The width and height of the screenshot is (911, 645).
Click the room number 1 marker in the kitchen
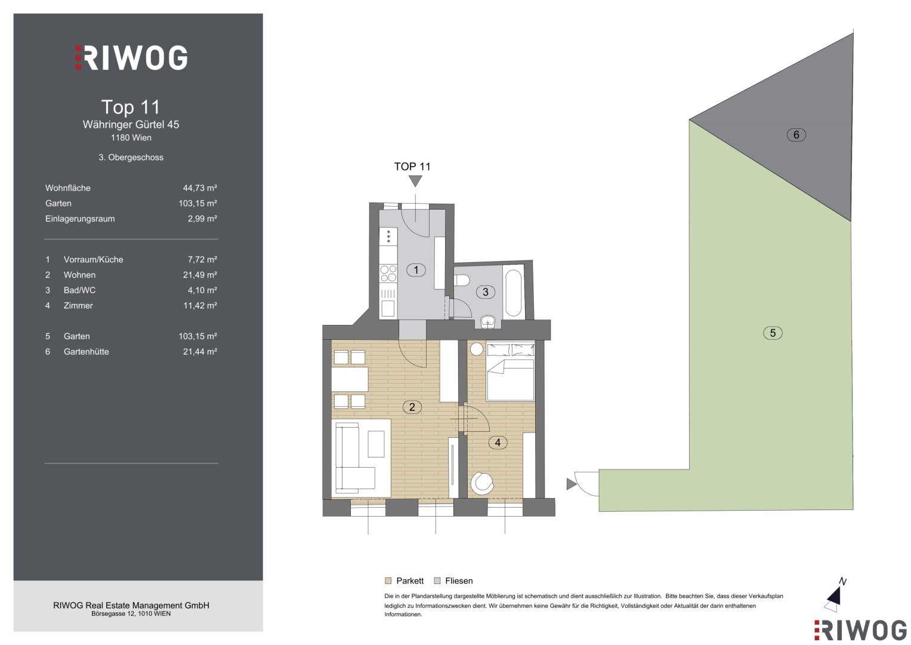[416, 270]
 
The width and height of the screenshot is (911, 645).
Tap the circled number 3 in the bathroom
[485, 292]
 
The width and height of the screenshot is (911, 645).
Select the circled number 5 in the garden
[773, 333]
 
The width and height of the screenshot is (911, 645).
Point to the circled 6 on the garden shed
[796, 135]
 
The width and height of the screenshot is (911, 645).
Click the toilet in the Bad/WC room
[463, 280]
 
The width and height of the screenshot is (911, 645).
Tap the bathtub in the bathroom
[513, 291]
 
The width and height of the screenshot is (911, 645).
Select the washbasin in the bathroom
[487, 322]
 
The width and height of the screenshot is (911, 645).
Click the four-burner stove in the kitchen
[388, 274]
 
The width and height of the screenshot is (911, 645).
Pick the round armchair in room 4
[482, 483]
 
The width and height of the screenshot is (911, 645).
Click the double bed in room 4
[511, 371]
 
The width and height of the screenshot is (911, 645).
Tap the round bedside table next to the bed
[477, 349]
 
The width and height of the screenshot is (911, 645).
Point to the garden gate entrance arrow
[572, 484]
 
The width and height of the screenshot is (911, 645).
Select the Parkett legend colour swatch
[388, 580]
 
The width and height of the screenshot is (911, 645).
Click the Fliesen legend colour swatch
[437, 580]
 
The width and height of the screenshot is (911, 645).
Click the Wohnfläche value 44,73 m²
[200, 188]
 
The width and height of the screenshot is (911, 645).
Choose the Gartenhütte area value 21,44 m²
[200, 352]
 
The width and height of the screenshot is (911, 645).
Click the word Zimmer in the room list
[78, 306]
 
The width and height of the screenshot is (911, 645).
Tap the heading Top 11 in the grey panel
[131, 107]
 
